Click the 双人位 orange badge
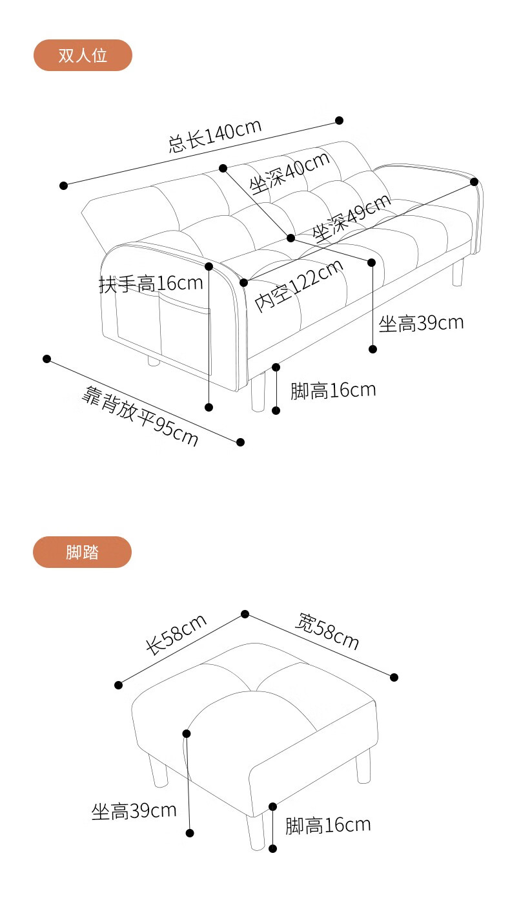tap(83, 56)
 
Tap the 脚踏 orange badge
tap(82, 552)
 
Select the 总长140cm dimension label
tap(215, 134)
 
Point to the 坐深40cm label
tap(290, 173)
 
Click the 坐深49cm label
tap(352, 217)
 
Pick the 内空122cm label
tap(299, 285)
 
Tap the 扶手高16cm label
tap(151, 283)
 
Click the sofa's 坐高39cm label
tap(421, 323)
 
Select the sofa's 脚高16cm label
tap(332, 390)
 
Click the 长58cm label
tap(176, 635)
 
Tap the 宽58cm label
tap(327, 631)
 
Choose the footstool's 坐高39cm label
tap(134, 811)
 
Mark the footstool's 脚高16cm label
tap(328, 825)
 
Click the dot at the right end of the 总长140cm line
tap(339, 120)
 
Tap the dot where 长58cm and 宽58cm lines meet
tap(245, 614)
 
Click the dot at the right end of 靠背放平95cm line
tap(240, 442)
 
